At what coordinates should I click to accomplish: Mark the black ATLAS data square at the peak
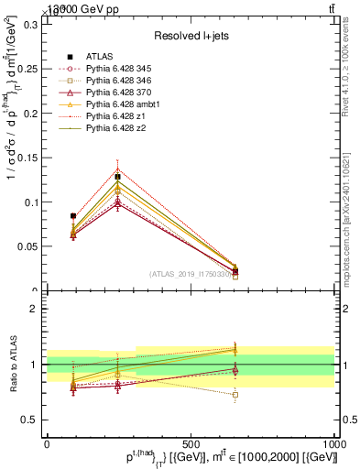[117, 177]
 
